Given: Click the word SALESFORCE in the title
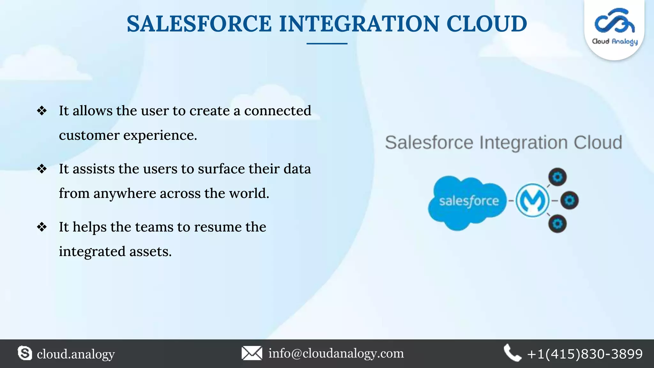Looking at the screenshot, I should pyautogui.click(x=199, y=24).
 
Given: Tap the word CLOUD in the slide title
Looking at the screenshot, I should pyautogui.click(x=486, y=24).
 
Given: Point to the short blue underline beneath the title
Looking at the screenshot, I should pyautogui.click(x=327, y=43).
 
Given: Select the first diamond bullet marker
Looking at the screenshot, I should pyautogui.click(x=42, y=111).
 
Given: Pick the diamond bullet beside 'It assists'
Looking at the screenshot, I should pyautogui.click(x=42, y=169).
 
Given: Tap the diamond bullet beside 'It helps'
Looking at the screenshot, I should pyautogui.click(x=42, y=227).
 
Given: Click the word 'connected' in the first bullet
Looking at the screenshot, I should pyautogui.click(x=278, y=111).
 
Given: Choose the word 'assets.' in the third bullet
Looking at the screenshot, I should pyautogui.click(x=150, y=252).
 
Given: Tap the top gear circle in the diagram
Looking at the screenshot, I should pyautogui.click(x=558, y=177).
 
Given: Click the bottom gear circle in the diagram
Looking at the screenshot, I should pyautogui.click(x=558, y=224).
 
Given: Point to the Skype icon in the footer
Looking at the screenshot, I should pyautogui.click(x=25, y=353).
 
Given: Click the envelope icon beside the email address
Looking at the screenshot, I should pyautogui.click(x=252, y=353).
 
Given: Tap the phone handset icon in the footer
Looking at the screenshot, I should pyautogui.click(x=512, y=353).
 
